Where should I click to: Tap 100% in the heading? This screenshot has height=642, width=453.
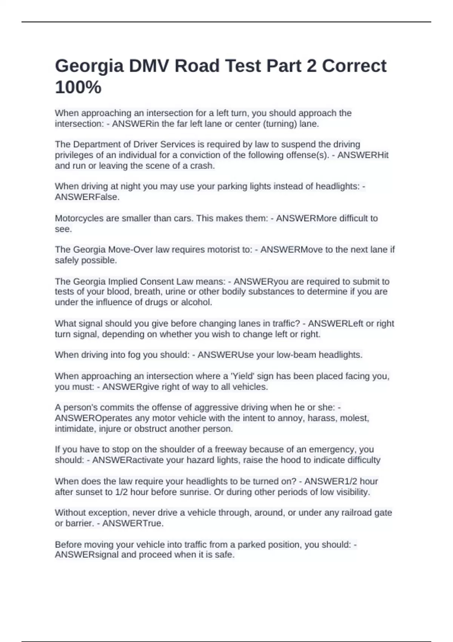[x=78, y=88]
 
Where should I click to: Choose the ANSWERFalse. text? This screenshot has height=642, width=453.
[x=87, y=197]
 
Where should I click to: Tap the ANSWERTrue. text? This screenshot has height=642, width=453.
[x=133, y=523]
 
